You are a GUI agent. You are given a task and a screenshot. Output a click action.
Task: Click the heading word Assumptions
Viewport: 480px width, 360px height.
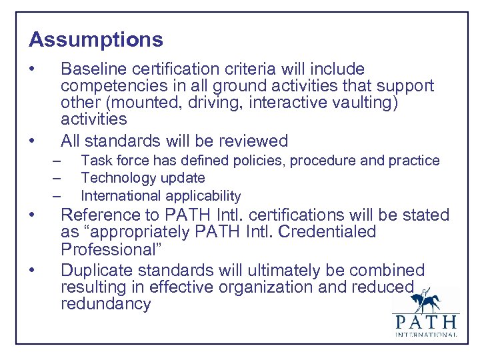pos(96,40)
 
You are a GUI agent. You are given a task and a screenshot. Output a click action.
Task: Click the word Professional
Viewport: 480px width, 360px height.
pos(107,249)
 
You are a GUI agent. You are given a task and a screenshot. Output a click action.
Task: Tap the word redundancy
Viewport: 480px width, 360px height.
pos(106,304)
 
